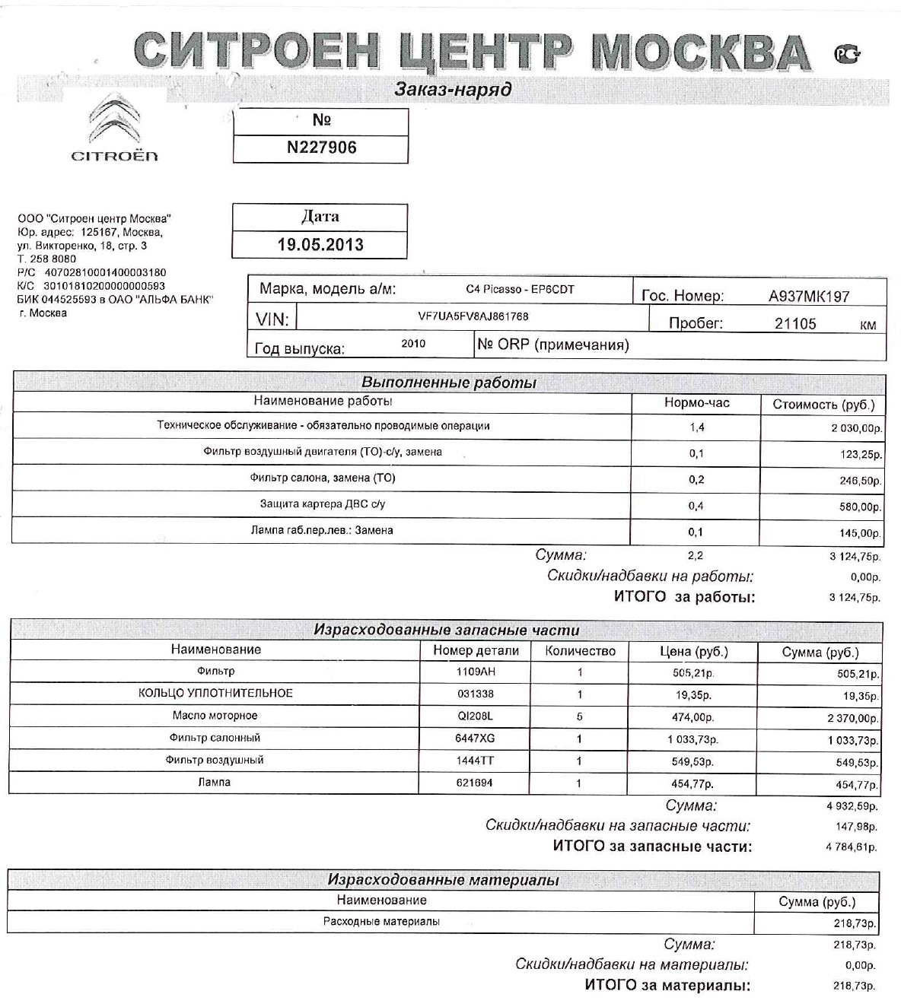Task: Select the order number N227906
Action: pos(321,148)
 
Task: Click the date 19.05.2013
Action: pos(320,245)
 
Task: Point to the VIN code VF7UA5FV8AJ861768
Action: pos(473,316)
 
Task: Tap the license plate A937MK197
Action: pos(808,297)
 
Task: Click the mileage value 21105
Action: pos(795,324)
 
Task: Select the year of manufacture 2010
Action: pos(413,344)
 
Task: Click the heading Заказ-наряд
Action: pos(453,90)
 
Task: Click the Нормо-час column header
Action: pos(696,403)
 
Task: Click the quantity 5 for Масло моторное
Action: pos(580,716)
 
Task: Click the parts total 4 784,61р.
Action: pos(852,847)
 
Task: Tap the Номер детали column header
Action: pos(476,651)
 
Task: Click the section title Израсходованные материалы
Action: pos(443,880)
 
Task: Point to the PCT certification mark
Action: pos(847,54)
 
